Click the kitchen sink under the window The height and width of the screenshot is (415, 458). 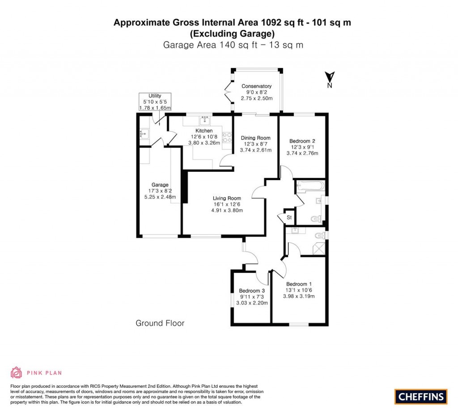(205, 119)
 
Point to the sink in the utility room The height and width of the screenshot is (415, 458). (144, 133)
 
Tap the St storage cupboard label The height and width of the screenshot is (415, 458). (289, 217)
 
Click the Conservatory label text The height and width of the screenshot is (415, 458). (256, 86)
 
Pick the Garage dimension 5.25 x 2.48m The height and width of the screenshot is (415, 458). (160, 197)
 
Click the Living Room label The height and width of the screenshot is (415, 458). (227, 198)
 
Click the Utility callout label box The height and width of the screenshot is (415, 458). (155, 102)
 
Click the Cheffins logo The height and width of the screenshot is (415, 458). (420, 396)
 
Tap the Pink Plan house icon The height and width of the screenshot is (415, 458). (16, 373)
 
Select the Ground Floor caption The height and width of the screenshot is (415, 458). (160, 323)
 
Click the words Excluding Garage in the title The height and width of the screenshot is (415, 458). (232, 34)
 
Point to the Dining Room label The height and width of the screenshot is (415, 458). (256, 138)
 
